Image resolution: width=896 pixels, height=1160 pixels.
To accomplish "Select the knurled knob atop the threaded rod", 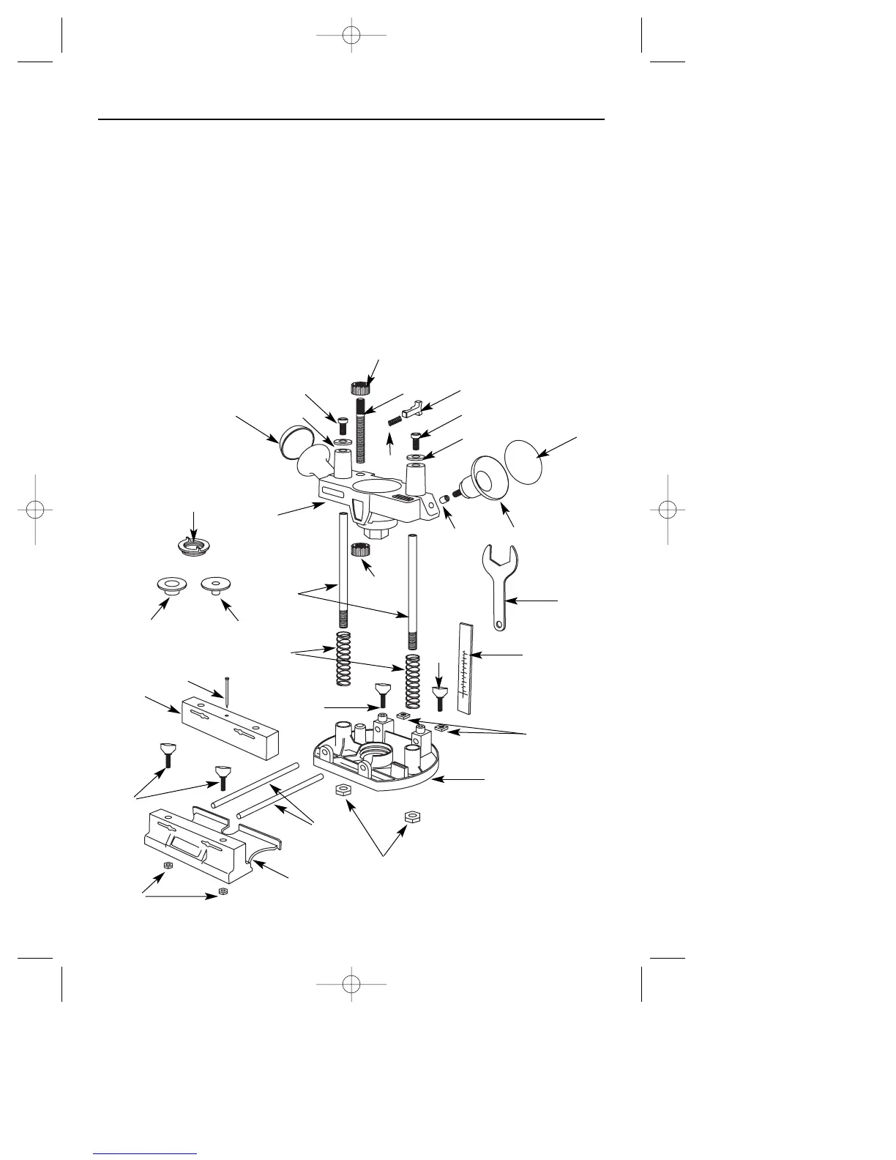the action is (x=360, y=387).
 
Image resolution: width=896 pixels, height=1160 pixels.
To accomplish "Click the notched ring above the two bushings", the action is (x=193, y=545).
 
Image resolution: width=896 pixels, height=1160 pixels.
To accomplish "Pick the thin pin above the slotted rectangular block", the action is (x=228, y=693).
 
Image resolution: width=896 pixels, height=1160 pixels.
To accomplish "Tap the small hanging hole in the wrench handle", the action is (x=499, y=625).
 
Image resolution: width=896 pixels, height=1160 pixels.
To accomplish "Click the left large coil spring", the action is (x=343, y=658).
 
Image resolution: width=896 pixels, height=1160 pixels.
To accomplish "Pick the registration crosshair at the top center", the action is (x=351, y=35).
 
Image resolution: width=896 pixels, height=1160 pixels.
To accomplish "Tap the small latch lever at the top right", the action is (x=413, y=405).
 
